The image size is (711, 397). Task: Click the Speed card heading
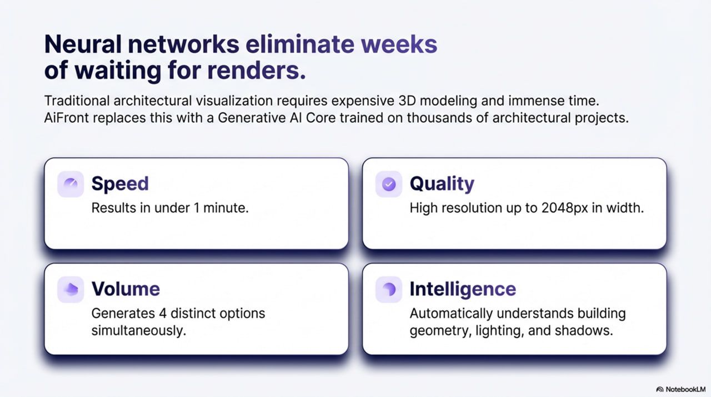click(120, 183)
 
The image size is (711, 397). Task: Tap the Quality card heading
click(442, 184)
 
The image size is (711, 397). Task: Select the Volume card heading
click(126, 289)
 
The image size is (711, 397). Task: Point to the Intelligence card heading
click(463, 289)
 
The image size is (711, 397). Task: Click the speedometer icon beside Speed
click(71, 184)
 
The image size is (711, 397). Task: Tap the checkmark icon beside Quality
click(389, 184)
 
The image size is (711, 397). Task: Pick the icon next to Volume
click(71, 289)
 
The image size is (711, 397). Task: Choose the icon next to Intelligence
click(389, 289)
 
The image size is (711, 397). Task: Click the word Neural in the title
click(83, 44)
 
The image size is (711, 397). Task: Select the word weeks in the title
click(399, 44)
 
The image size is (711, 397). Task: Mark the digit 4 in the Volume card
click(163, 314)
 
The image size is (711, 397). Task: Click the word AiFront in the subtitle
click(66, 118)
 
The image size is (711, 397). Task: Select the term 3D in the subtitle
click(407, 101)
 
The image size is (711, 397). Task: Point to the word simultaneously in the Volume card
click(138, 331)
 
